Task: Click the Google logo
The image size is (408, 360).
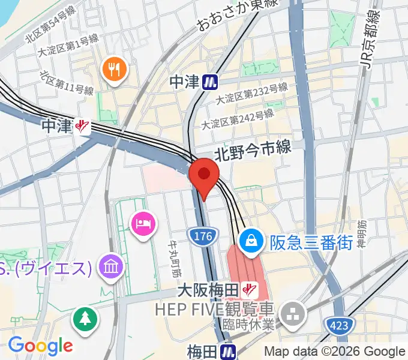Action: pos(40,345)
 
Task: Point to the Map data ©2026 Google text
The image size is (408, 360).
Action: pos(335,352)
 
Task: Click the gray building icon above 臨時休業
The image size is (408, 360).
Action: pos(294,312)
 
